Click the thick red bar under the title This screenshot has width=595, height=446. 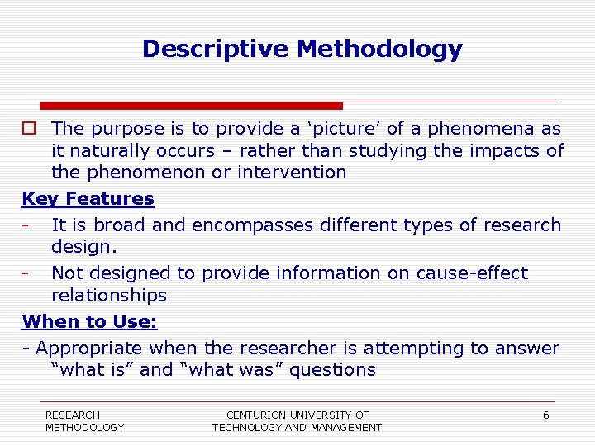pos(191,106)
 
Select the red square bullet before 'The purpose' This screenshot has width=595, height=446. pos(29,129)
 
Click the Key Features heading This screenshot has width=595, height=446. pos(88,199)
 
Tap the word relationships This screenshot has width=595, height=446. pos(109,296)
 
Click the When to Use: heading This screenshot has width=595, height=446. pos(90,321)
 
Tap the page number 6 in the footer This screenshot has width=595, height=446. pos(545,415)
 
